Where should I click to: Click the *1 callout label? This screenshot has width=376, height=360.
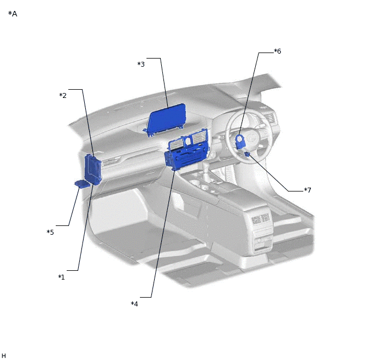[61, 277]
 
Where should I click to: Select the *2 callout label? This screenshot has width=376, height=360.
[63, 96]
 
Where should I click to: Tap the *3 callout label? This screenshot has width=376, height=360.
[141, 65]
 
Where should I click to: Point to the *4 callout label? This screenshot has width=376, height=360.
[134, 304]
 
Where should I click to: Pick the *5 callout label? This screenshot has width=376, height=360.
[50, 232]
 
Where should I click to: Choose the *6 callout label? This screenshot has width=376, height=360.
[278, 51]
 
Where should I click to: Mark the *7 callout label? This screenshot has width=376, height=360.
[308, 190]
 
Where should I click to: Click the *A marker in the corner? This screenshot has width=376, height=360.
[13, 14]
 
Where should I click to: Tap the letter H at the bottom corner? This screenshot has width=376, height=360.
[4, 356]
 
